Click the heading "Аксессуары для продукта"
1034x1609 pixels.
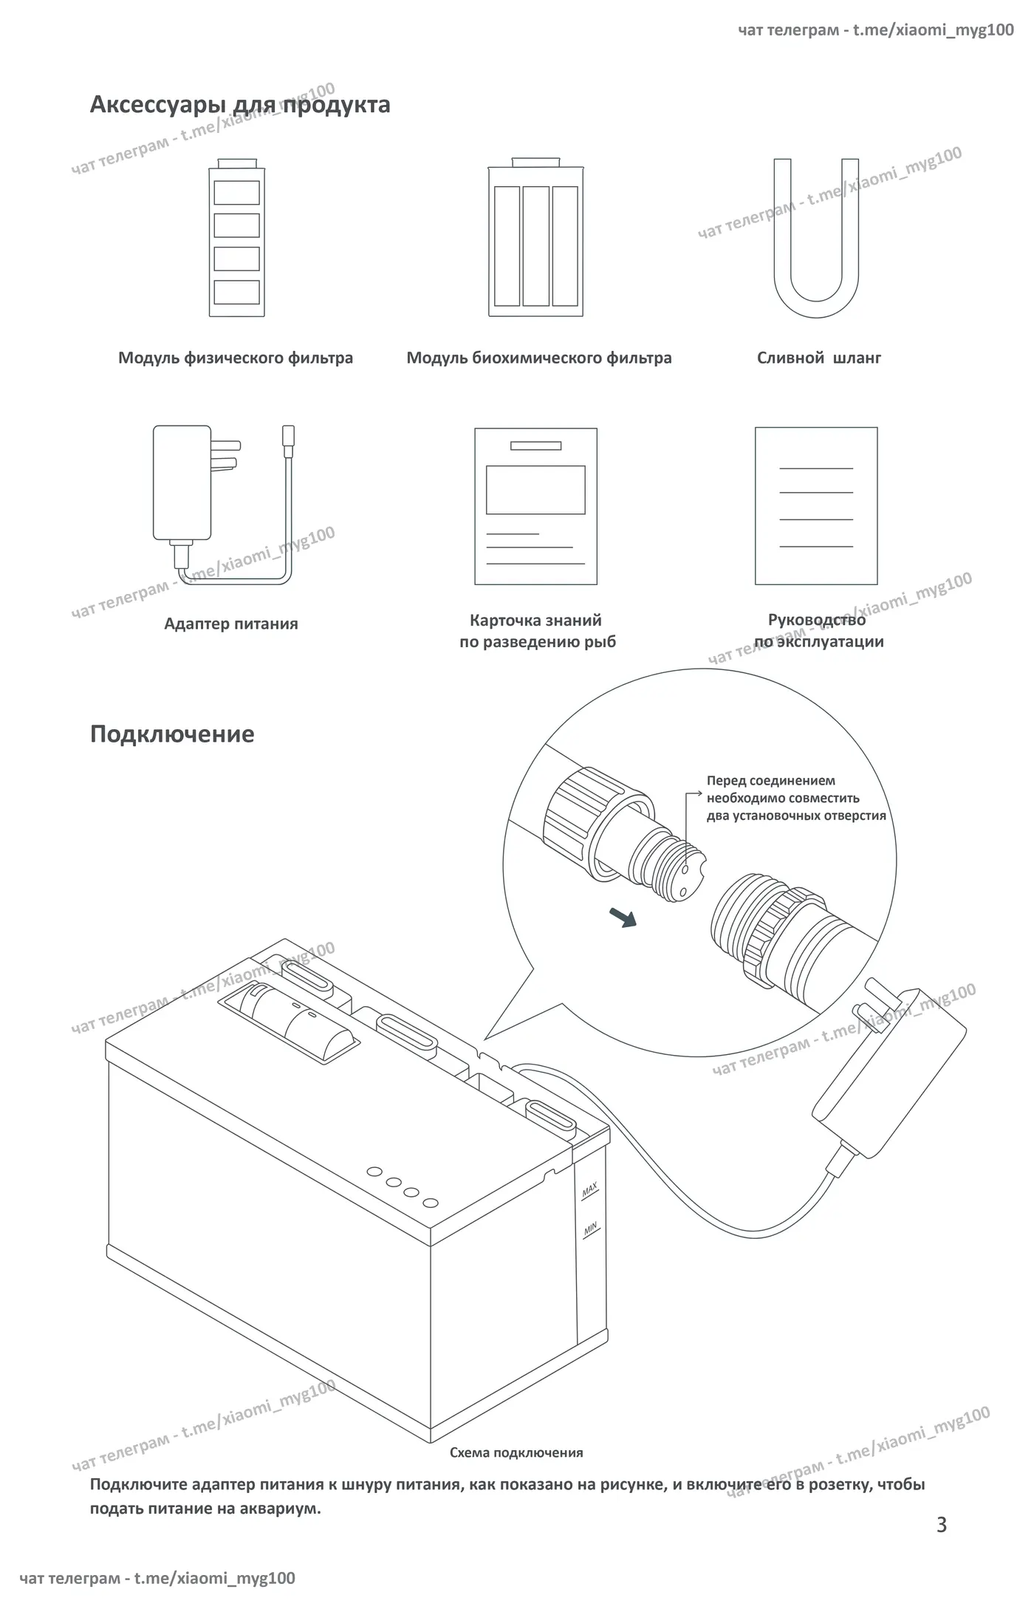click(240, 105)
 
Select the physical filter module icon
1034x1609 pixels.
click(236, 237)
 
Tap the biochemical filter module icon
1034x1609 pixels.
click(535, 237)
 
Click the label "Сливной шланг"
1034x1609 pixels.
click(819, 358)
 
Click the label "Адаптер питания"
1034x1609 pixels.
click(231, 624)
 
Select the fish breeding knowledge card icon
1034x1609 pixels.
click(535, 506)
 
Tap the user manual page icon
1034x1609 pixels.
click(816, 506)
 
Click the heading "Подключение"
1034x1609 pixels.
click(172, 734)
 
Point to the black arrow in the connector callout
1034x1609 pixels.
click(623, 917)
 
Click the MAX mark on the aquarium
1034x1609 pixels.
click(589, 1190)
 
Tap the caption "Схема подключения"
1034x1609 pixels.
click(516, 1452)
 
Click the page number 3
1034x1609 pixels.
click(941, 1525)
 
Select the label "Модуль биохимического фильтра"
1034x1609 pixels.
click(539, 358)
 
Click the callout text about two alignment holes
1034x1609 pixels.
click(796, 798)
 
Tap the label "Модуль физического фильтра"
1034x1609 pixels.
click(236, 358)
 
